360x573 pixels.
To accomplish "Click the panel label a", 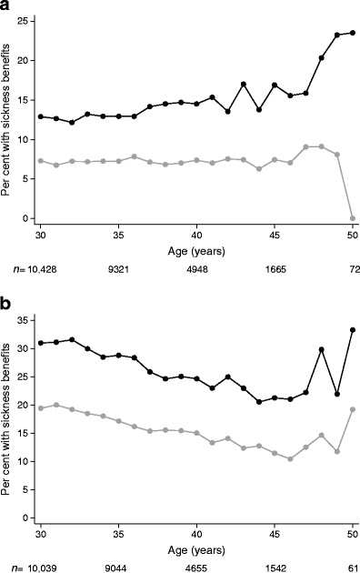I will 6,7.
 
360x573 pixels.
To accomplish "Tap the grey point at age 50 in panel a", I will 352,218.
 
